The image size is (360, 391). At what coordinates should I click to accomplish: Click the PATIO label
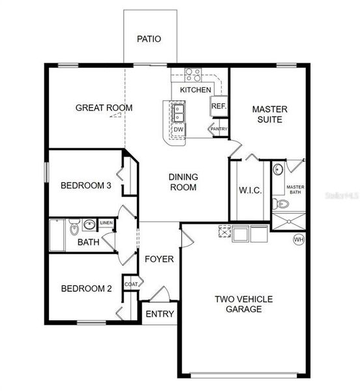(149, 38)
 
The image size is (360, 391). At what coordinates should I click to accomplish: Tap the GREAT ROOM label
(104, 108)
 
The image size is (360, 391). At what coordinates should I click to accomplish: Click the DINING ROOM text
(183, 182)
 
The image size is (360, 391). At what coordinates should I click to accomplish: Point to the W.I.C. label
(250, 190)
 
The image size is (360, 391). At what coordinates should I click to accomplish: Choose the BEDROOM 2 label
(83, 289)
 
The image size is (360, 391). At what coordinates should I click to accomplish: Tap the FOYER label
(159, 259)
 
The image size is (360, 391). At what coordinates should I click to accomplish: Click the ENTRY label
(159, 314)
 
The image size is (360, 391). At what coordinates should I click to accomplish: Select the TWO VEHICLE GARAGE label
(244, 304)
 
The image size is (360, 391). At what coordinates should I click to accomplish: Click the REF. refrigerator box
(218, 106)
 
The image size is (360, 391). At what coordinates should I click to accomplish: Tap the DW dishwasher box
(178, 130)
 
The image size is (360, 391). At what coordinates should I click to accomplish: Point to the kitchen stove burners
(192, 74)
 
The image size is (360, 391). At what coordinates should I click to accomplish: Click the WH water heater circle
(299, 239)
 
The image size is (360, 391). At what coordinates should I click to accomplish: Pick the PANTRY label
(218, 129)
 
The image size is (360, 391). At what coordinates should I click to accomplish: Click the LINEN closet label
(106, 223)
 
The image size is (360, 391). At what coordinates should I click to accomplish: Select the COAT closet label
(131, 283)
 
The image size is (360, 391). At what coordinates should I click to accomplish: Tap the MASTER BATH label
(295, 190)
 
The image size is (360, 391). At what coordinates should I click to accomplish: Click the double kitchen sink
(177, 112)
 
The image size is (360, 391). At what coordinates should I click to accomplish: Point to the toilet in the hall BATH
(74, 229)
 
